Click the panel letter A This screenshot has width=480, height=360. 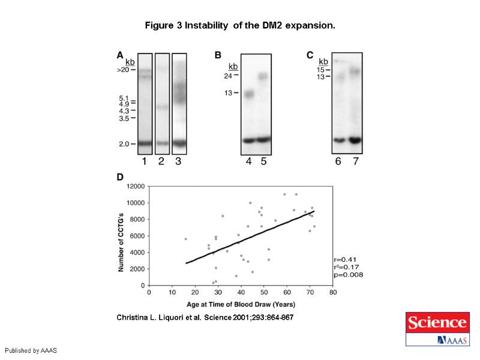click(x=120, y=55)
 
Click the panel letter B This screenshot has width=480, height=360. click(x=218, y=55)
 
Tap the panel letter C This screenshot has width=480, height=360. click(x=310, y=55)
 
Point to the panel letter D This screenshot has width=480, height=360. click(x=120, y=178)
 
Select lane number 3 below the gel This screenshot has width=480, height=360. click(x=179, y=161)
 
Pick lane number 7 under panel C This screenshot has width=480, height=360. click(x=355, y=161)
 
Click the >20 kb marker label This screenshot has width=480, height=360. click(x=123, y=70)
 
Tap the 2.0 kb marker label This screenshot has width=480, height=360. click(x=124, y=144)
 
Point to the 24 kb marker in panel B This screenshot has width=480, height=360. click(x=229, y=76)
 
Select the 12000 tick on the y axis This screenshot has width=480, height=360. click(x=135, y=186)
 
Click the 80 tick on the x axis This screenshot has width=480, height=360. click(x=333, y=293)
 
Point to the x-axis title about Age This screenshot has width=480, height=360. click(x=241, y=304)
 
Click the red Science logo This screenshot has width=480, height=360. click(x=437, y=323)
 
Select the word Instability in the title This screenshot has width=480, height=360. click(x=205, y=26)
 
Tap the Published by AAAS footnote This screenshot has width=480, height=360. click(x=30, y=350)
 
